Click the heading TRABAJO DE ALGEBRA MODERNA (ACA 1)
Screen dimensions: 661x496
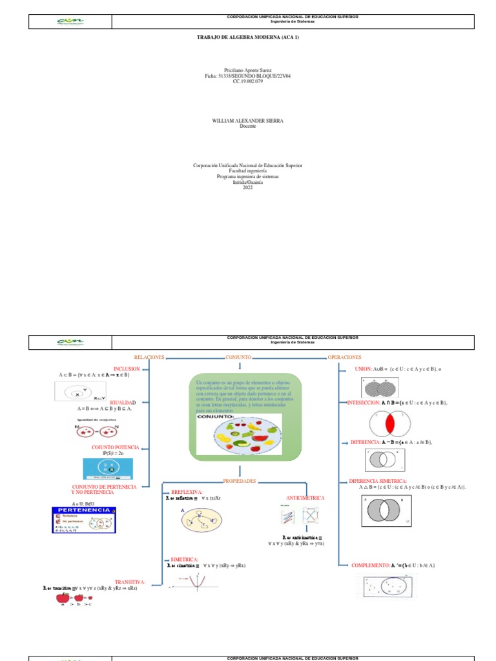[248, 37]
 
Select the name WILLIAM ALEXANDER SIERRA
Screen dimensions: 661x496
[248, 121]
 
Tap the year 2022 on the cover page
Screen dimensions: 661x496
[248, 187]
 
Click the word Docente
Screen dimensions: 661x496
[248, 126]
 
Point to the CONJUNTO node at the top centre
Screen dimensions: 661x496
[238, 357]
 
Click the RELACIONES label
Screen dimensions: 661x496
[149, 357]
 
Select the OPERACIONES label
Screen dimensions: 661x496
[344, 357]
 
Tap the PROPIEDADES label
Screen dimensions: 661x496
[239, 481]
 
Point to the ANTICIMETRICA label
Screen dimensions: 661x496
[305, 498]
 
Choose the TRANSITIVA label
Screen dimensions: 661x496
[130, 582]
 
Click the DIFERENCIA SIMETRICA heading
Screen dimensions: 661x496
[378, 481]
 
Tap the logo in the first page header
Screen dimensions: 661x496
[70, 21]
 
